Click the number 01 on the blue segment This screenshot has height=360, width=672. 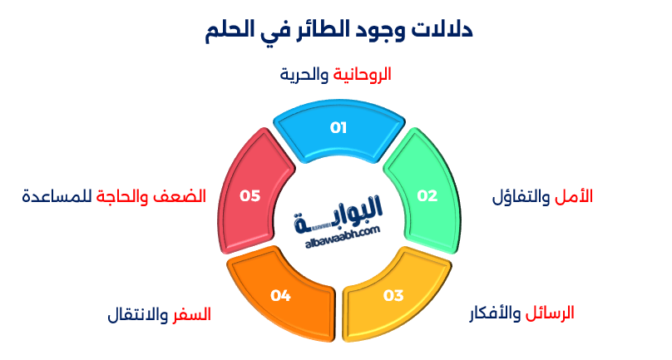[338, 128]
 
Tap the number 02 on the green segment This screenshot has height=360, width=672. [427, 196]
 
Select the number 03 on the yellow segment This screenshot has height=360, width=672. [393, 295]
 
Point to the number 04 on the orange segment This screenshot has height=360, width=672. [280, 295]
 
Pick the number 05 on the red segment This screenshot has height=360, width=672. [250, 196]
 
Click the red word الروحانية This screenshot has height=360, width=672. [362, 75]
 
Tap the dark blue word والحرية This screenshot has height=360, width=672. [304, 75]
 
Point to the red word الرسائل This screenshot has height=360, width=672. [550, 314]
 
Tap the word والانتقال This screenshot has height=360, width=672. [139, 315]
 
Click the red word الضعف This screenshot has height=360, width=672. [186, 197]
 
